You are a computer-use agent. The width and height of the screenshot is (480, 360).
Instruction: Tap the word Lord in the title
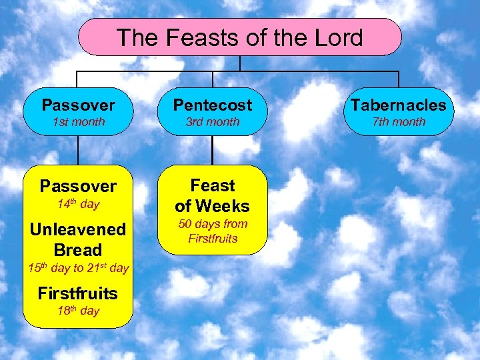(x=337, y=37)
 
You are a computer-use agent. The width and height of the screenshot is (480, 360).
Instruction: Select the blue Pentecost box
(x=213, y=112)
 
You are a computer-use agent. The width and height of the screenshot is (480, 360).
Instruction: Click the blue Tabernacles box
(x=399, y=112)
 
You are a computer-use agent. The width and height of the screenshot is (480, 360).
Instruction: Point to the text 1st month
(x=78, y=122)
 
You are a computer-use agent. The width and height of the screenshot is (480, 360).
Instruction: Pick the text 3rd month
(x=213, y=122)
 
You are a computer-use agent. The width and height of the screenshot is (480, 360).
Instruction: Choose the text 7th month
(x=399, y=122)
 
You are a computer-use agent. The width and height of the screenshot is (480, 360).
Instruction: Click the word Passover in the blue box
(x=78, y=105)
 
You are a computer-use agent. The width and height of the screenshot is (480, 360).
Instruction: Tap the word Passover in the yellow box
(x=78, y=185)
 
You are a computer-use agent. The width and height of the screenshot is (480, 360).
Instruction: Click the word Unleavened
(x=78, y=229)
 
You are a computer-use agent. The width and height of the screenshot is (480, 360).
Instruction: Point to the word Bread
(x=78, y=250)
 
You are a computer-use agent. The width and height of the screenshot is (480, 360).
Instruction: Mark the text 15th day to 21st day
(x=78, y=268)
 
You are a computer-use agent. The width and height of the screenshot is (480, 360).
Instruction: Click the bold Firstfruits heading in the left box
(x=78, y=293)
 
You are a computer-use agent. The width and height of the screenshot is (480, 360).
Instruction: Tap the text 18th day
(x=78, y=311)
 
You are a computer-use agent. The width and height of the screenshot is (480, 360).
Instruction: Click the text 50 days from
(x=213, y=224)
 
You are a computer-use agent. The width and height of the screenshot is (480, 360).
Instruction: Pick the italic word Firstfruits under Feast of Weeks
(x=213, y=238)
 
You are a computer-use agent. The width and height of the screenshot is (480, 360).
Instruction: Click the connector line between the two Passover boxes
(x=78, y=151)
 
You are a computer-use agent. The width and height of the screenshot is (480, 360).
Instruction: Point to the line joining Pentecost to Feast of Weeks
(x=213, y=151)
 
